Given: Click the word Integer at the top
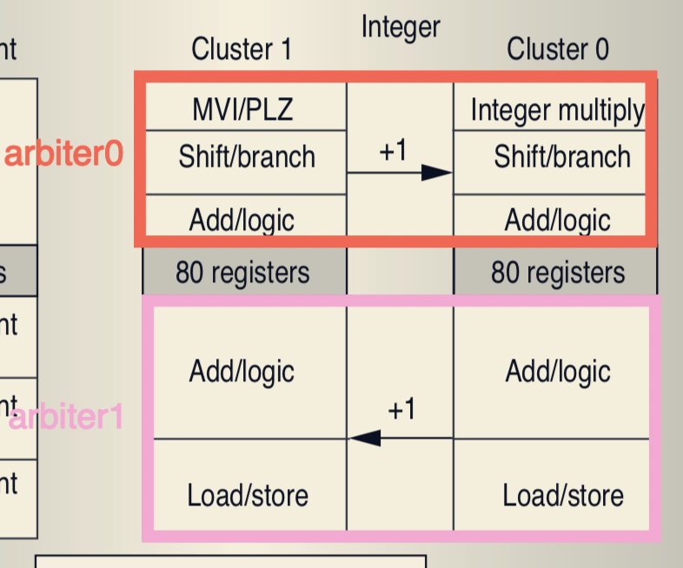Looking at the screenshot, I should [400, 28].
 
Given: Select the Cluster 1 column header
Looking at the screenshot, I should [242, 49].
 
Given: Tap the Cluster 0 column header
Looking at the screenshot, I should [558, 49].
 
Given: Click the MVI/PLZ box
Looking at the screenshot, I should [242, 110].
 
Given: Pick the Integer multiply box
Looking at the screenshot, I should [556, 110].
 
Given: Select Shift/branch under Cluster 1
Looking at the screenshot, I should [247, 157].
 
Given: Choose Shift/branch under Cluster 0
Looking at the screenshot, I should [562, 157].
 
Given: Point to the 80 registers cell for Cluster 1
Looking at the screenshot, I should [242, 273].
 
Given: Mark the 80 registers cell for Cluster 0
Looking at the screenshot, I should [557, 273].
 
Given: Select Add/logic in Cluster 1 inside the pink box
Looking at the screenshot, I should [242, 372].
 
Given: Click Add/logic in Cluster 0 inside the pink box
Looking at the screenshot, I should [558, 372].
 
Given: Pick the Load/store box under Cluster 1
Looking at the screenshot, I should [248, 495].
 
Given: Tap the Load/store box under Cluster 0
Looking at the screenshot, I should [563, 495].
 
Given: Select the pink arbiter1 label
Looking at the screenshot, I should [66, 418].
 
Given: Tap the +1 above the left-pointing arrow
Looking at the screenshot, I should [401, 409].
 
